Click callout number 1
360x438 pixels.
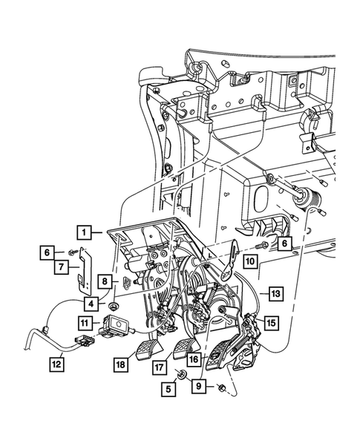85,232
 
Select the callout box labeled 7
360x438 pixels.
61,267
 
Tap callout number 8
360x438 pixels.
105,281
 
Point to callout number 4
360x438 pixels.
91,304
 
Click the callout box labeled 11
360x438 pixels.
85,323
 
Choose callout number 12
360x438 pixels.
57,364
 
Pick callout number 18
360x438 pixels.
121,365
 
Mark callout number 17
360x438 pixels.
160,367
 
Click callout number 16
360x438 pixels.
194,359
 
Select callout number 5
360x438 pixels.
168,389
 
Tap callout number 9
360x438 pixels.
199,386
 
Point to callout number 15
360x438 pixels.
271,323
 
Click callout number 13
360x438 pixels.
276,293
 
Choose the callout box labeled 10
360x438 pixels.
250,261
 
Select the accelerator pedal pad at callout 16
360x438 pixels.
217,356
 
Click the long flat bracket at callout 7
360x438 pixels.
85,270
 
